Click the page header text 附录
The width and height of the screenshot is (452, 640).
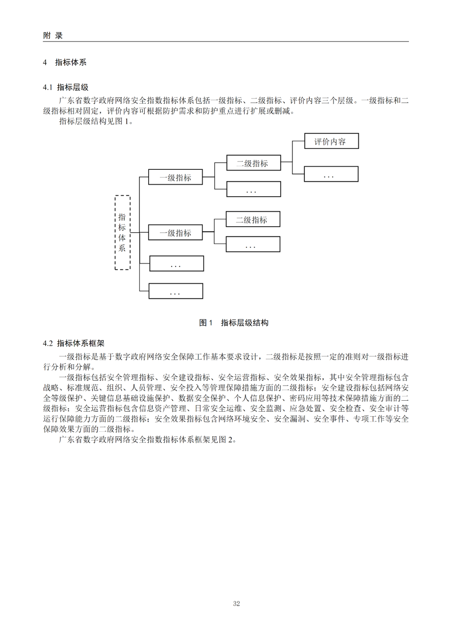pyautogui.click(x=53, y=36)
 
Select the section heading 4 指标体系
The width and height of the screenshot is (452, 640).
pyautogui.click(x=64, y=62)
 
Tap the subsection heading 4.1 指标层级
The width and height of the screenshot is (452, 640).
pyautogui.click(x=66, y=87)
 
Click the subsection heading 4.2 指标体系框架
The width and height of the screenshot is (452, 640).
pyautogui.click(x=74, y=343)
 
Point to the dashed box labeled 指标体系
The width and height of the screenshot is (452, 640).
pyautogui.click(x=122, y=233)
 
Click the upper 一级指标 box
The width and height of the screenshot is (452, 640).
pyautogui.click(x=175, y=177)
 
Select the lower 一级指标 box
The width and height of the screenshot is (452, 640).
pyautogui.click(x=175, y=233)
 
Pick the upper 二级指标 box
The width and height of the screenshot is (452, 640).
pyautogui.click(x=253, y=163)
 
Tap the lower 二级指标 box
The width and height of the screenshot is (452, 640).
pyautogui.click(x=253, y=219)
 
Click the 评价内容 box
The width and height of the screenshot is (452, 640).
pyautogui.click(x=331, y=141)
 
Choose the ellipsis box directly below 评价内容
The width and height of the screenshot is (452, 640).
pyautogui.click(x=331, y=174)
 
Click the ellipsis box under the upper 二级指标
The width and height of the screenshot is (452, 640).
pyautogui.click(x=253, y=189)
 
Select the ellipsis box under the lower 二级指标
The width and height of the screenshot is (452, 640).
pyautogui.click(x=253, y=244)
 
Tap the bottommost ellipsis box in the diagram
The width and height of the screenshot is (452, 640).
pyautogui.click(x=176, y=291)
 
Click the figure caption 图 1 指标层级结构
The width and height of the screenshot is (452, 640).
pyautogui.click(x=234, y=323)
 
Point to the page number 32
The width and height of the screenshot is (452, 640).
pyautogui.click(x=236, y=604)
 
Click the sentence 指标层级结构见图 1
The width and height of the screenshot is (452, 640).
pyautogui.click(x=96, y=122)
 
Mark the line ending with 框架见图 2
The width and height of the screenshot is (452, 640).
pyautogui.click(x=148, y=440)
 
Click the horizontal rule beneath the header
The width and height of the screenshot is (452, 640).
pyautogui.click(x=226, y=41)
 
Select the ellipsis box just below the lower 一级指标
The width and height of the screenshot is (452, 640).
pyautogui.click(x=177, y=264)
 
